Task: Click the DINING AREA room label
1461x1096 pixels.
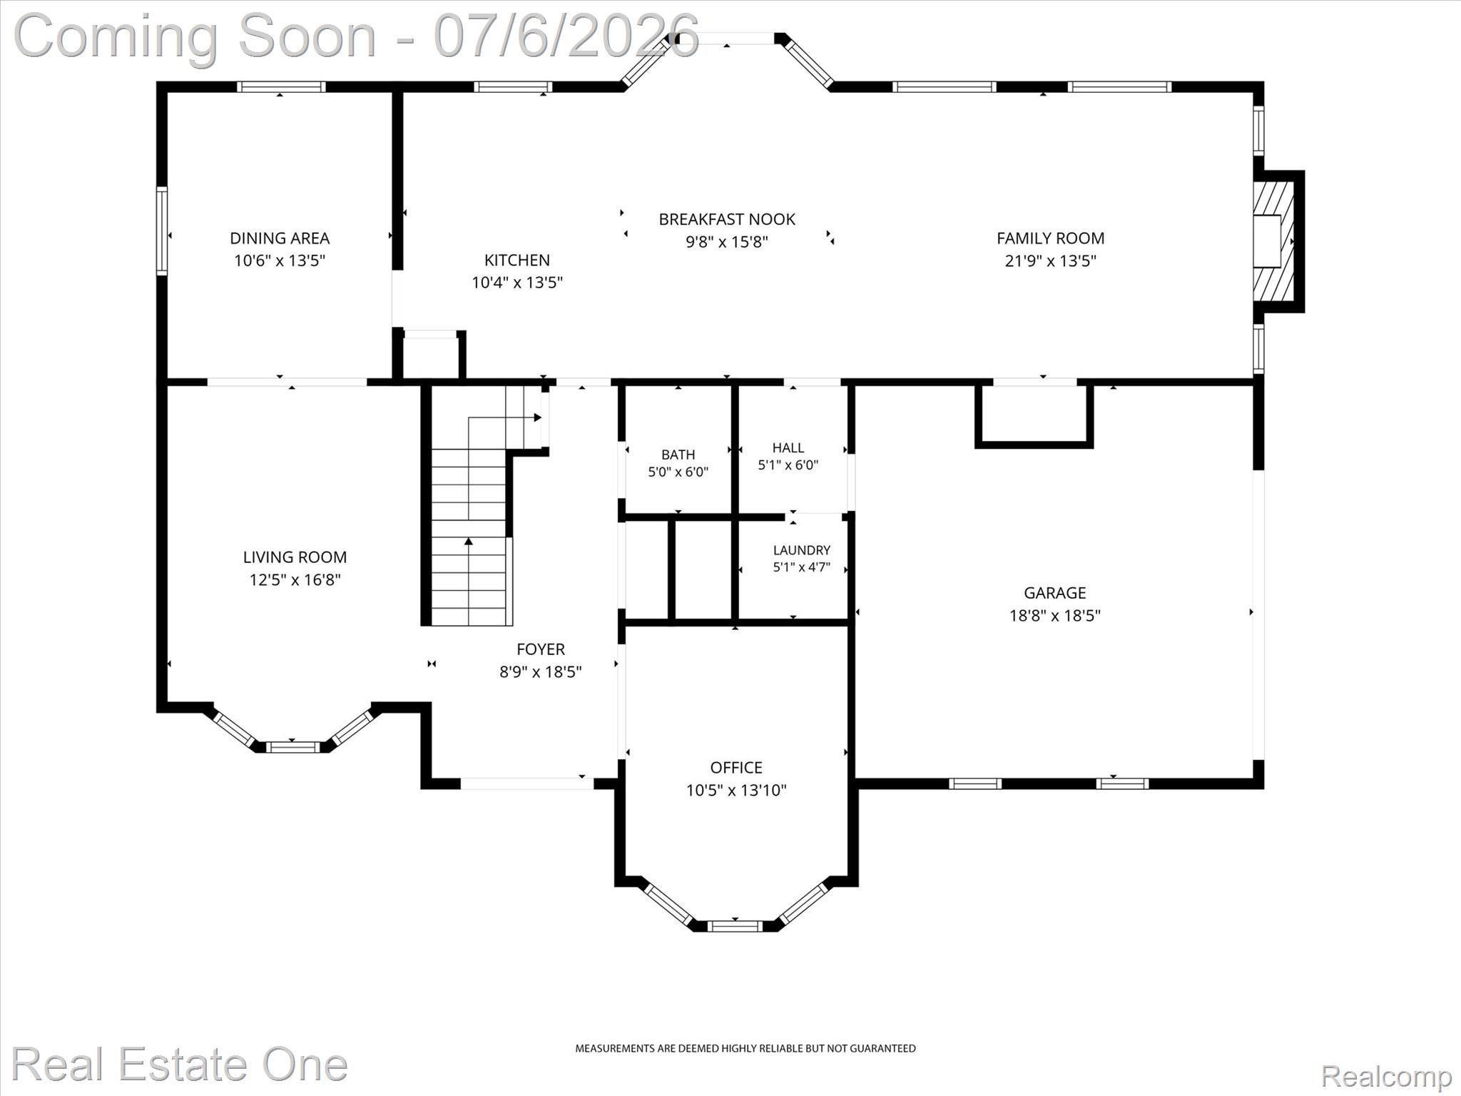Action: click(x=280, y=238)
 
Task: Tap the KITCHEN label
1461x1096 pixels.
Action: click(x=517, y=260)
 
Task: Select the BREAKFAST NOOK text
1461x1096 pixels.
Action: click(x=727, y=219)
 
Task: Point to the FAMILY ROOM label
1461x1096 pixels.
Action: click(x=1050, y=238)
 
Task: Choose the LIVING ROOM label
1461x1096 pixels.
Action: click(x=295, y=557)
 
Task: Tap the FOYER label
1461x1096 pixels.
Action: click(x=541, y=649)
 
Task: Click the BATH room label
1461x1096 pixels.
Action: click(x=678, y=455)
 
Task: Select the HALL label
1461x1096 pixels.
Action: click(x=788, y=447)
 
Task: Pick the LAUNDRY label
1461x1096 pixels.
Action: click(x=802, y=550)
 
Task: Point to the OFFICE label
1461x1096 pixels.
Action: click(x=736, y=768)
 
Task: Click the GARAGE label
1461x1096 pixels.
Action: click(x=1055, y=593)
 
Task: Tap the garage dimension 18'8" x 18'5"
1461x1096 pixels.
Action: click(x=1055, y=615)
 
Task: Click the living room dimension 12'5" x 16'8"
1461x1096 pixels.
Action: click(x=295, y=579)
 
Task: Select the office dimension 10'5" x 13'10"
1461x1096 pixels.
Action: click(x=736, y=790)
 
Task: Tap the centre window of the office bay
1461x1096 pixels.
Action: click(x=735, y=926)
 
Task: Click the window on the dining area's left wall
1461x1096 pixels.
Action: click(x=162, y=230)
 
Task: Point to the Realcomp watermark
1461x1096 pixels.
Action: click(x=1386, y=1075)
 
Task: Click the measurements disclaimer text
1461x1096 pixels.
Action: click(x=745, y=1048)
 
